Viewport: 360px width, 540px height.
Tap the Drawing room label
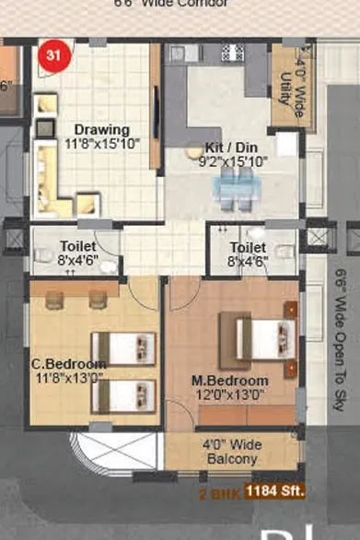pos(101,130)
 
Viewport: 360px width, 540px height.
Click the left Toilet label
pos(77,246)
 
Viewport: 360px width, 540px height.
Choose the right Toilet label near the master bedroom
pos(248,248)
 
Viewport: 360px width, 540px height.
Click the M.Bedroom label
pos(229,381)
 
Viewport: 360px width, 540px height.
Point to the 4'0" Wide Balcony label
pos(232,452)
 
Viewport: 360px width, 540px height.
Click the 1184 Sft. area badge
pos(275,491)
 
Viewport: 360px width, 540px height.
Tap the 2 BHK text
pos(220,494)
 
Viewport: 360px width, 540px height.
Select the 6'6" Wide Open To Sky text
pos(341,341)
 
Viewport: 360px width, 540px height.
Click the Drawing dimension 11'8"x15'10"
pos(102,144)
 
